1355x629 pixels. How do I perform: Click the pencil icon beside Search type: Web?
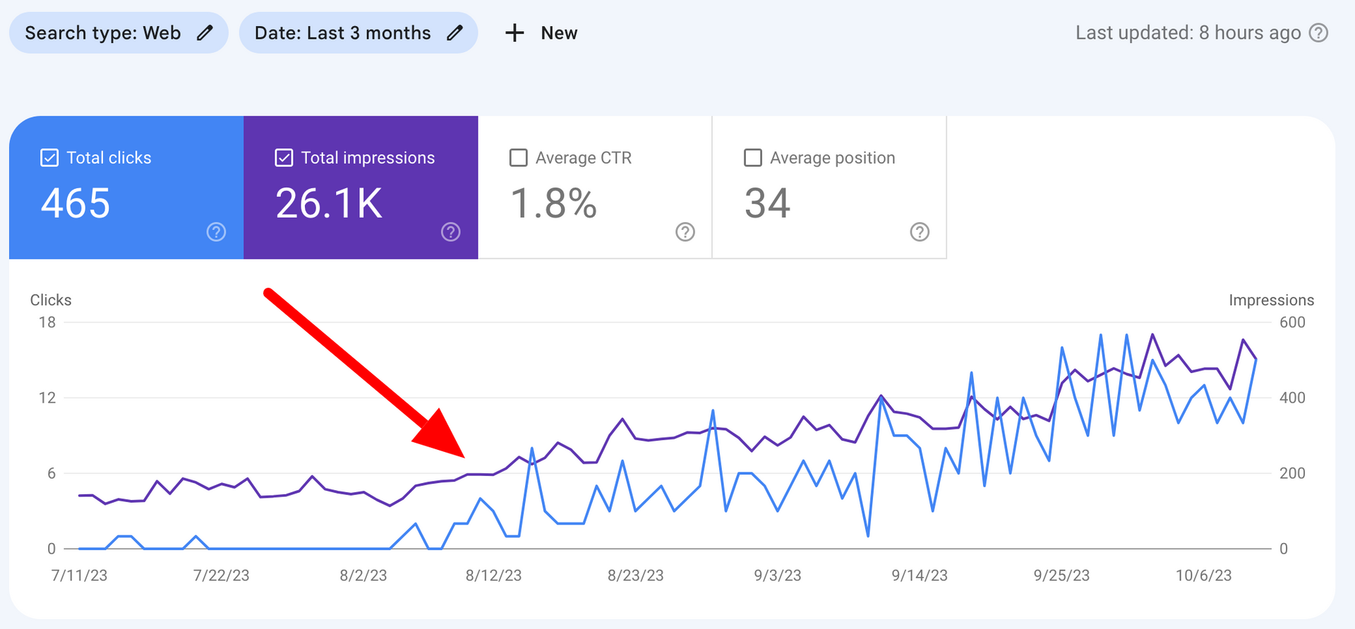tap(205, 32)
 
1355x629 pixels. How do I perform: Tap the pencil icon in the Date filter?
tap(455, 32)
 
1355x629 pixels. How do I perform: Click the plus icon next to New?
tap(514, 32)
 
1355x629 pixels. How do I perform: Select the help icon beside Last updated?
tap(1318, 32)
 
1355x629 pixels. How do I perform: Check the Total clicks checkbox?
tap(49, 157)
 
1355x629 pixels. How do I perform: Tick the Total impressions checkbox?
tap(284, 157)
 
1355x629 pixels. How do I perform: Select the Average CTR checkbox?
tap(519, 157)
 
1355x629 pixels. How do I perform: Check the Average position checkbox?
tap(753, 157)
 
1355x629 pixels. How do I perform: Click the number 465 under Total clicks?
tap(76, 203)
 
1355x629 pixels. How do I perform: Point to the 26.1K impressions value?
tap(329, 203)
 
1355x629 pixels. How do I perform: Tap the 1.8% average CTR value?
tap(553, 203)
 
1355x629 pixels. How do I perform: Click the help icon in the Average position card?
tap(920, 232)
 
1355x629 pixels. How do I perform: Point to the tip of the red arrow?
tap(464, 456)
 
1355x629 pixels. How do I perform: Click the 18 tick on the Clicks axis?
tap(47, 322)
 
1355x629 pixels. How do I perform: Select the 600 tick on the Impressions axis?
tap(1292, 322)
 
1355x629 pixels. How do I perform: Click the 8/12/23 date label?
tap(493, 575)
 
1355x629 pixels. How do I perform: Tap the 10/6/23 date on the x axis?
tap(1203, 575)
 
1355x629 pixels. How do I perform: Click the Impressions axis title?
tap(1271, 300)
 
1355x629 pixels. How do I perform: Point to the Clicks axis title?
tap(51, 300)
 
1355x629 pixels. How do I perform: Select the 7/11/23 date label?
tap(79, 575)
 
